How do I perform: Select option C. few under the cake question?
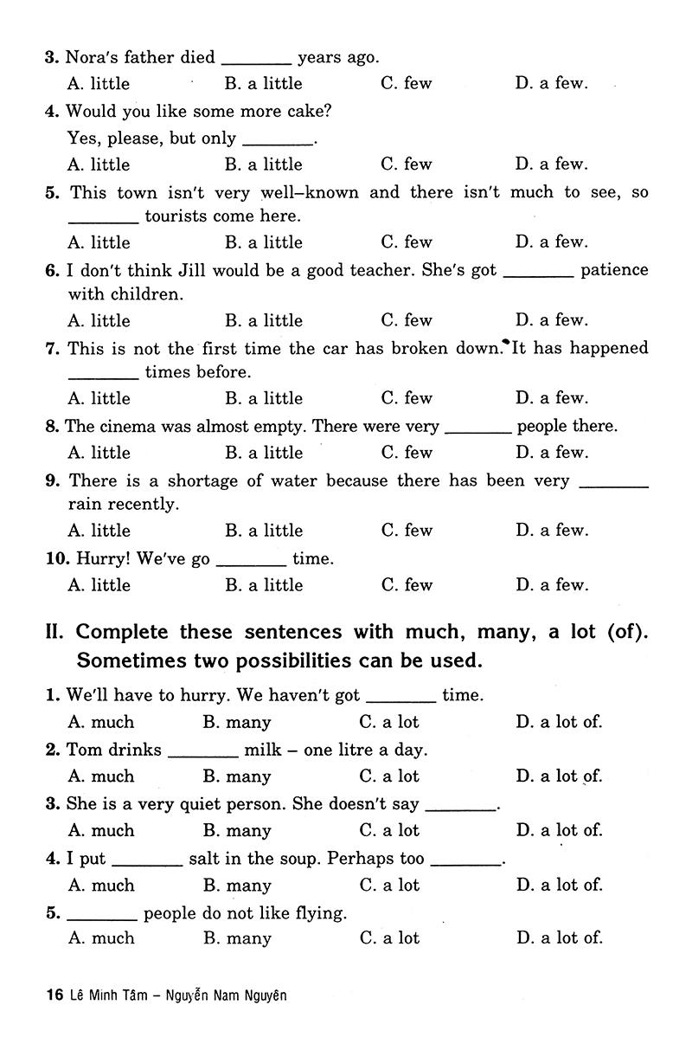406,164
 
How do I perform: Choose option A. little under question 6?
99,321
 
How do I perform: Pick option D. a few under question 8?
551,453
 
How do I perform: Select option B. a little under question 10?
264,586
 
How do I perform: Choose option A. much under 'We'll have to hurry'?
101,723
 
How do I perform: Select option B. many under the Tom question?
237,777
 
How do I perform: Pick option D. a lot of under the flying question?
559,938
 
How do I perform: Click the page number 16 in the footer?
54,996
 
